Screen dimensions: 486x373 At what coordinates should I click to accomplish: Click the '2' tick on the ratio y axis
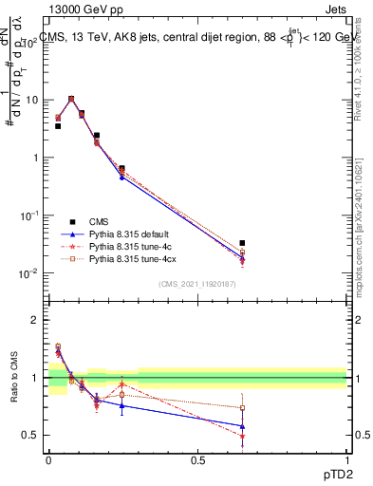pos(34,320)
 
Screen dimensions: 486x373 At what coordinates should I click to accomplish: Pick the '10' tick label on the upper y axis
pos(29,100)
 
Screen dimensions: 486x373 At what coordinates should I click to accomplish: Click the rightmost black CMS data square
pos(242,243)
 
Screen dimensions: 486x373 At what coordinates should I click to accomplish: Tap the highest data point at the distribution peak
pos(71,98)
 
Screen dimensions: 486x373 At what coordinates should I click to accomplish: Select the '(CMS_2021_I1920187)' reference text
pos(197,284)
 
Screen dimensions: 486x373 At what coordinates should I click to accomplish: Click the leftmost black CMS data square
pos(58,125)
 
